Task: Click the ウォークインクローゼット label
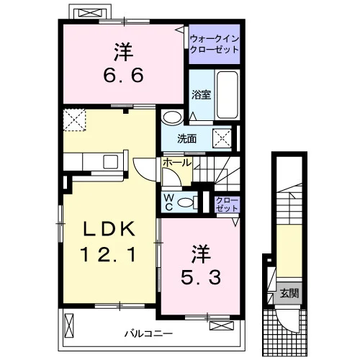pos(215,44)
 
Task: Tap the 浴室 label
pos(201,94)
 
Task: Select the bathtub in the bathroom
pos(228,95)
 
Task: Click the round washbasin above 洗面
pos(172,117)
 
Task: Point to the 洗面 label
pos(186,139)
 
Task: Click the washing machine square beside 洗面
pos(222,138)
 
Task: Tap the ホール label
pos(177,163)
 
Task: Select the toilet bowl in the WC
pos(186,202)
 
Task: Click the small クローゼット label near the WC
pos(227,204)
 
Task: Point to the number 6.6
pos(124,75)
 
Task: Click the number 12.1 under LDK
pos(108,254)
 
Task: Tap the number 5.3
pos(201,277)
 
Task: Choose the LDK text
pos(109,229)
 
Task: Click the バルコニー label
pos(148,333)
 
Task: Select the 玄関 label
pos(289,293)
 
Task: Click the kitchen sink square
pos(110,162)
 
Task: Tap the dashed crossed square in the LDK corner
pos(74,120)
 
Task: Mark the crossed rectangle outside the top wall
pos(90,13)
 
